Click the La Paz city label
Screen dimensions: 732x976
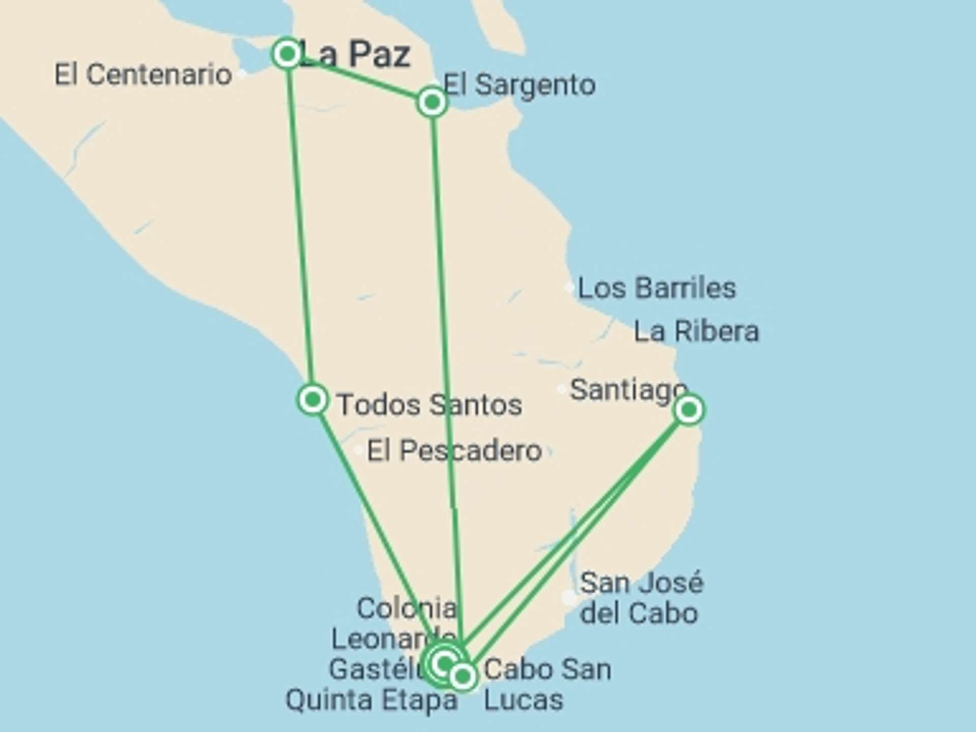[356, 54]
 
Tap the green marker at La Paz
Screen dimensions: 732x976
[287, 53]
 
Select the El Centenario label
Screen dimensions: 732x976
[143, 75]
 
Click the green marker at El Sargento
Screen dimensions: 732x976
[432, 102]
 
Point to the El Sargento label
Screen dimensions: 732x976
[520, 85]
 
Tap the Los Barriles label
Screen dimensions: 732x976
[657, 288]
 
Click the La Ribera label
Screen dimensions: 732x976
[696, 332]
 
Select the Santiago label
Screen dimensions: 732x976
[628, 390]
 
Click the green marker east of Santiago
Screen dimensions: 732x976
[689, 409]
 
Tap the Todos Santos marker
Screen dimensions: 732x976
[312, 400]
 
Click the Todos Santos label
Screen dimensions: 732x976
[430, 405]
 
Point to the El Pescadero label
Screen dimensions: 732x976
[454, 451]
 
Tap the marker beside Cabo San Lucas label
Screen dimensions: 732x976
[463, 677]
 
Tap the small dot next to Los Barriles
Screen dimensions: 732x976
[569, 287]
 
